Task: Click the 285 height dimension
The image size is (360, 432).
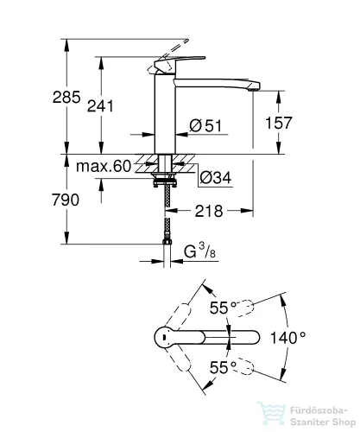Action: [66, 97]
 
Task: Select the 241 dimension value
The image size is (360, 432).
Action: [100, 106]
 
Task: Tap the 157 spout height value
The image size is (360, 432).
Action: [278, 123]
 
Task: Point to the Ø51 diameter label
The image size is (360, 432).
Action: [205, 126]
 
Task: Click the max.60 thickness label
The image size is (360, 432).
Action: [104, 166]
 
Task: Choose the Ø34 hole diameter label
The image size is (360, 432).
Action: [216, 177]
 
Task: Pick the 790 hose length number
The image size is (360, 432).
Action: [66, 200]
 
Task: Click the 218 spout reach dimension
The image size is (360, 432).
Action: [209, 211]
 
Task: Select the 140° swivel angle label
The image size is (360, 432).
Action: [288, 338]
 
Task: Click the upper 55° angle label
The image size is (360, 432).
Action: [223, 308]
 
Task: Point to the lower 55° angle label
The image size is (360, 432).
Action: [223, 367]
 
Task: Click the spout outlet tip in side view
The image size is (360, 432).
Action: [254, 90]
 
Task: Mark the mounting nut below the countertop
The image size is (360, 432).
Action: [164, 181]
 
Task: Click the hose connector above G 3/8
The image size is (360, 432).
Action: [167, 241]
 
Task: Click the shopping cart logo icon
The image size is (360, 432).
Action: [271, 413]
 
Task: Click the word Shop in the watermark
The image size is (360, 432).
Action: [344, 422]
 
